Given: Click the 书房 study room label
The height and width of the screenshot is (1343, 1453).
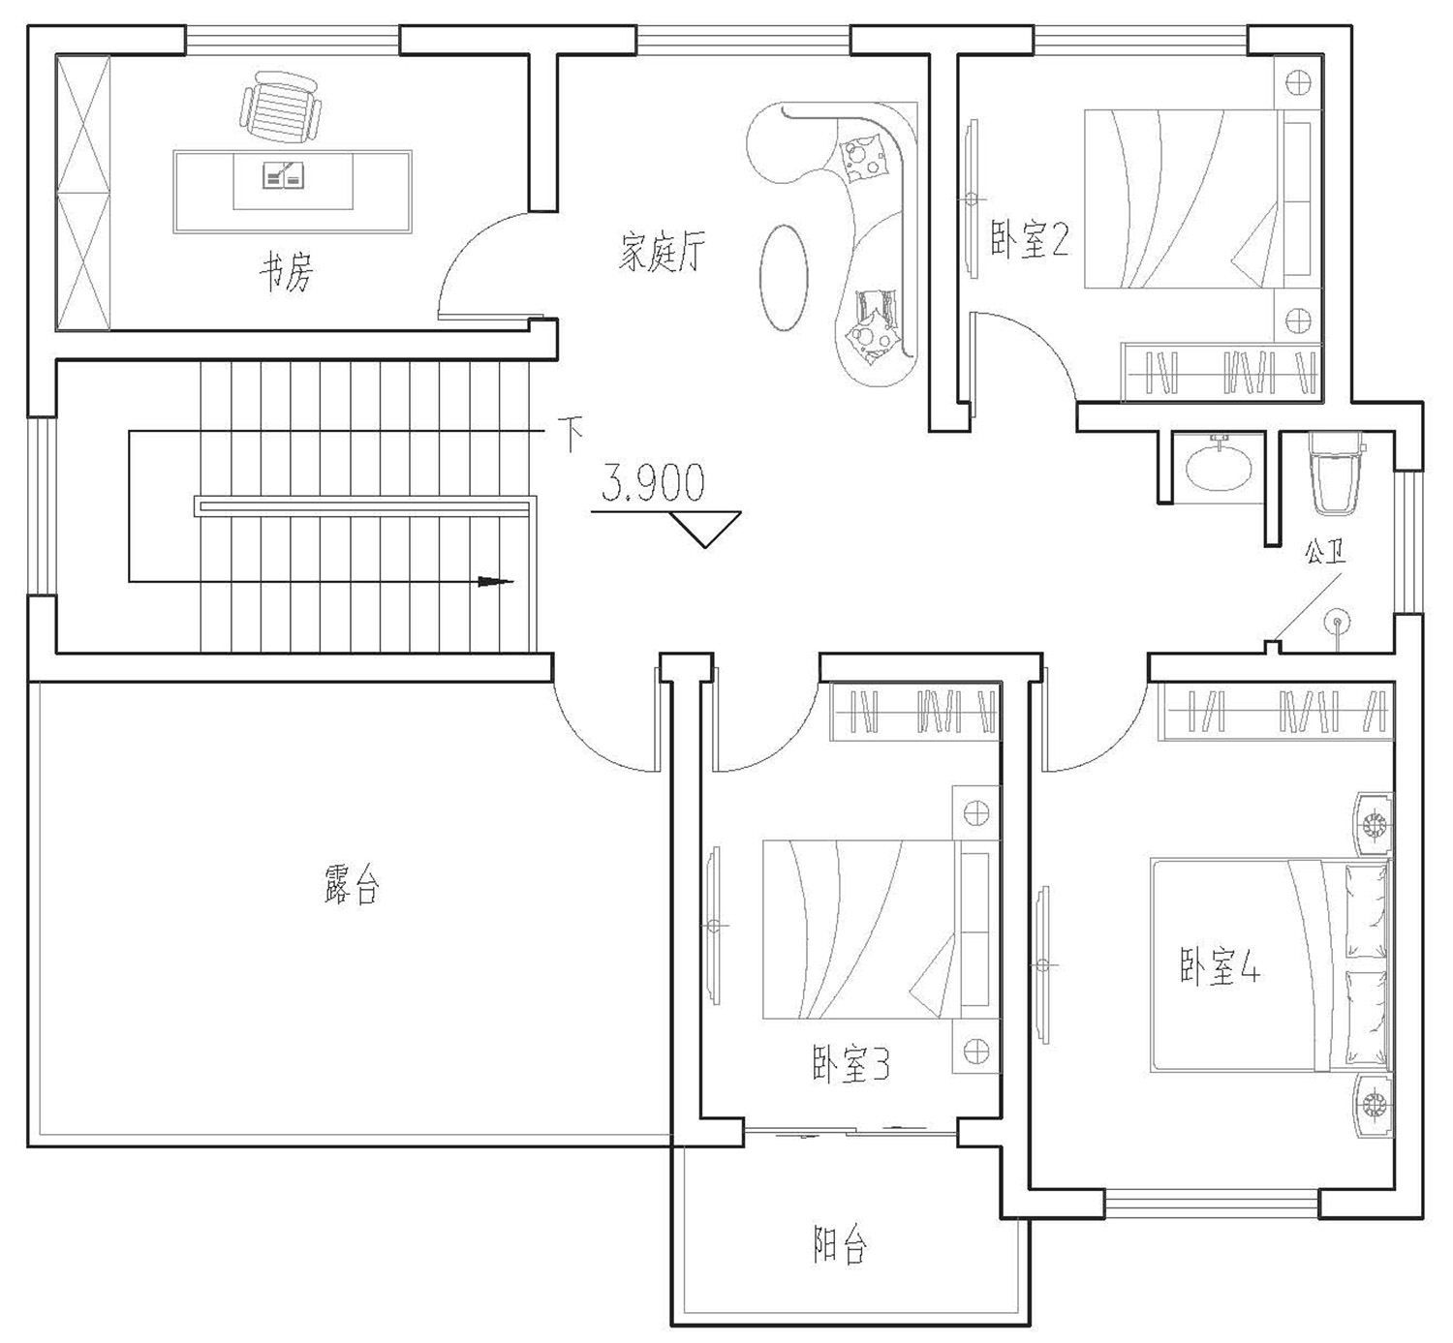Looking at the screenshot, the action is tap(286, 271).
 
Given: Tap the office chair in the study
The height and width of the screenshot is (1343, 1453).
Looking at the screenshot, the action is tap(280, 107).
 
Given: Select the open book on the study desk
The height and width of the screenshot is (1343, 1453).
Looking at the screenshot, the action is tap(283, 174).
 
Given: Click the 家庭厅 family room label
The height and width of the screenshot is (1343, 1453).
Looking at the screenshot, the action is tap(663, 253).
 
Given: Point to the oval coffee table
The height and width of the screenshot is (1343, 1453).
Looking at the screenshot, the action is tap(784, 277).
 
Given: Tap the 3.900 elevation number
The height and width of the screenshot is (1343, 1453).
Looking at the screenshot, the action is tap(653, 483).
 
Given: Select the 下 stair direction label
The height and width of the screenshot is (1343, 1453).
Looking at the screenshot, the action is tap(571, 434).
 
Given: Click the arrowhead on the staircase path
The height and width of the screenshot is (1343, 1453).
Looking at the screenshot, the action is tap(495, 582).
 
